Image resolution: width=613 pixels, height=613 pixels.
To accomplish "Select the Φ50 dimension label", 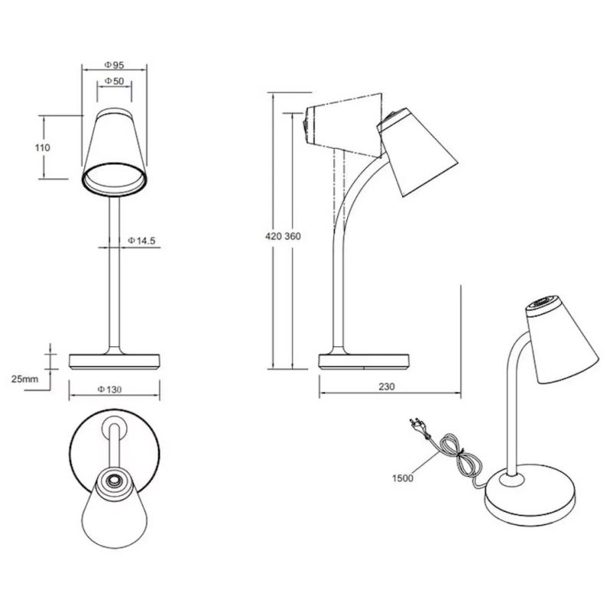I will click(x=114, y=81).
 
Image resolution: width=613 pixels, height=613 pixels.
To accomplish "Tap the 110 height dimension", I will click(x=43, y=147).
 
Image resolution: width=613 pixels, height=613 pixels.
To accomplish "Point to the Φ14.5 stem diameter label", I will click(x=142, y=241).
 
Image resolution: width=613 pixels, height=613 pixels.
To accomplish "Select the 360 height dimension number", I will click(x=292, y=236).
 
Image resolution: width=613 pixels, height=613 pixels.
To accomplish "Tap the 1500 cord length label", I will click(x=402, y=478).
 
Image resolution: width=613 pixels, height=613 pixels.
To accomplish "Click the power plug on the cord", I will click(x=417, y=423).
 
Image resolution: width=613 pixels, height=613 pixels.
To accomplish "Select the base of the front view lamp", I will click(x=114, y=361).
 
